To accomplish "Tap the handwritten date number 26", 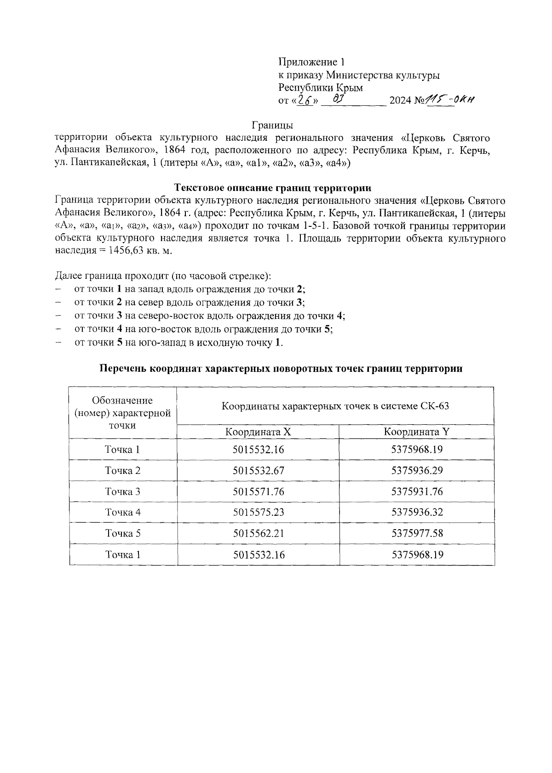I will (x=303, y=100).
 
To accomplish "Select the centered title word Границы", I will (x=272, y=125).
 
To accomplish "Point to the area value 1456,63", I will (x=126, y=251).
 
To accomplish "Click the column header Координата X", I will (x=258, y=432).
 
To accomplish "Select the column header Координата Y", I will (x=417, y=432).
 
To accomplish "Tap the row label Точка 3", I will (x=123, y=491).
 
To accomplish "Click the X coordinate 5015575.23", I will (x=259, y=512).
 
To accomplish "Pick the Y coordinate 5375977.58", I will (x=417, y=533).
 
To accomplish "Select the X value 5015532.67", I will (x=259, y=471).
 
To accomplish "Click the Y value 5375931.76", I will (x=417, y=491).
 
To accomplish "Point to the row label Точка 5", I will (x=123, y=533).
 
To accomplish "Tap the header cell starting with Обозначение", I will (x=123, y=413).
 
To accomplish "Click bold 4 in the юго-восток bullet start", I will (x=119, y=329).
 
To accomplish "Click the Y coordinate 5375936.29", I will (x=417, y=471).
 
